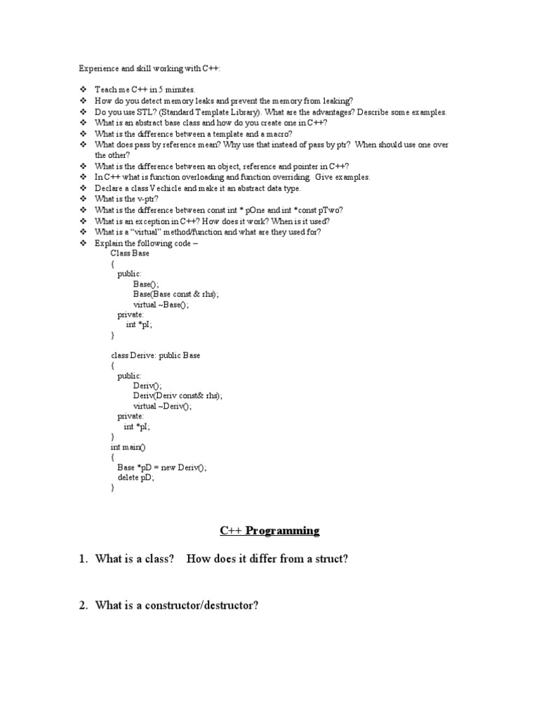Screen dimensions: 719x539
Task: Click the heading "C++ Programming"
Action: point(269,531)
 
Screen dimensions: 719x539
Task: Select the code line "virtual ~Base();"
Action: point(161,305)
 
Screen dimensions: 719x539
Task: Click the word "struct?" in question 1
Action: point(330,559)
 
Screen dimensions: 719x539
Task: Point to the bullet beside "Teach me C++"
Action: point(82,91)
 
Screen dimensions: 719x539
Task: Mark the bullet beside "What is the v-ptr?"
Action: point(82,199)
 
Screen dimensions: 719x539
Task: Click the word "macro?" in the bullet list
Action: point(277,134)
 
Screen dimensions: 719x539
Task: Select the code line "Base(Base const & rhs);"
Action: point(176,295)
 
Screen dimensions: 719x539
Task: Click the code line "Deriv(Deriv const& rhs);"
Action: point(178,396)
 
